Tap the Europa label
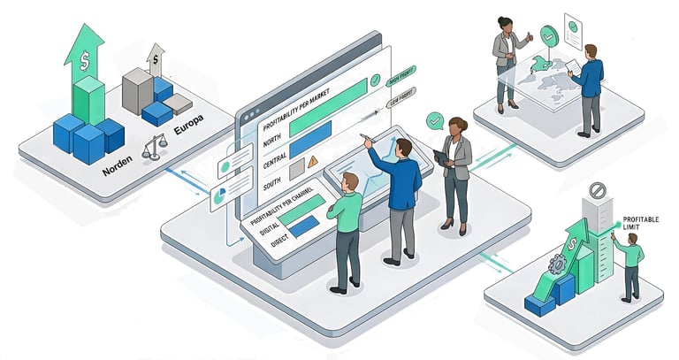[189, 134]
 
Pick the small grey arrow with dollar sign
[156, 59]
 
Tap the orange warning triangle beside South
[312, 162]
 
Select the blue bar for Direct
[302, 226]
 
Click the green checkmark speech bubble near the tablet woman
[434, 119]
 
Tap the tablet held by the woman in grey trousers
[441, 157]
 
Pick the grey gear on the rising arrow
[557, 264]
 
